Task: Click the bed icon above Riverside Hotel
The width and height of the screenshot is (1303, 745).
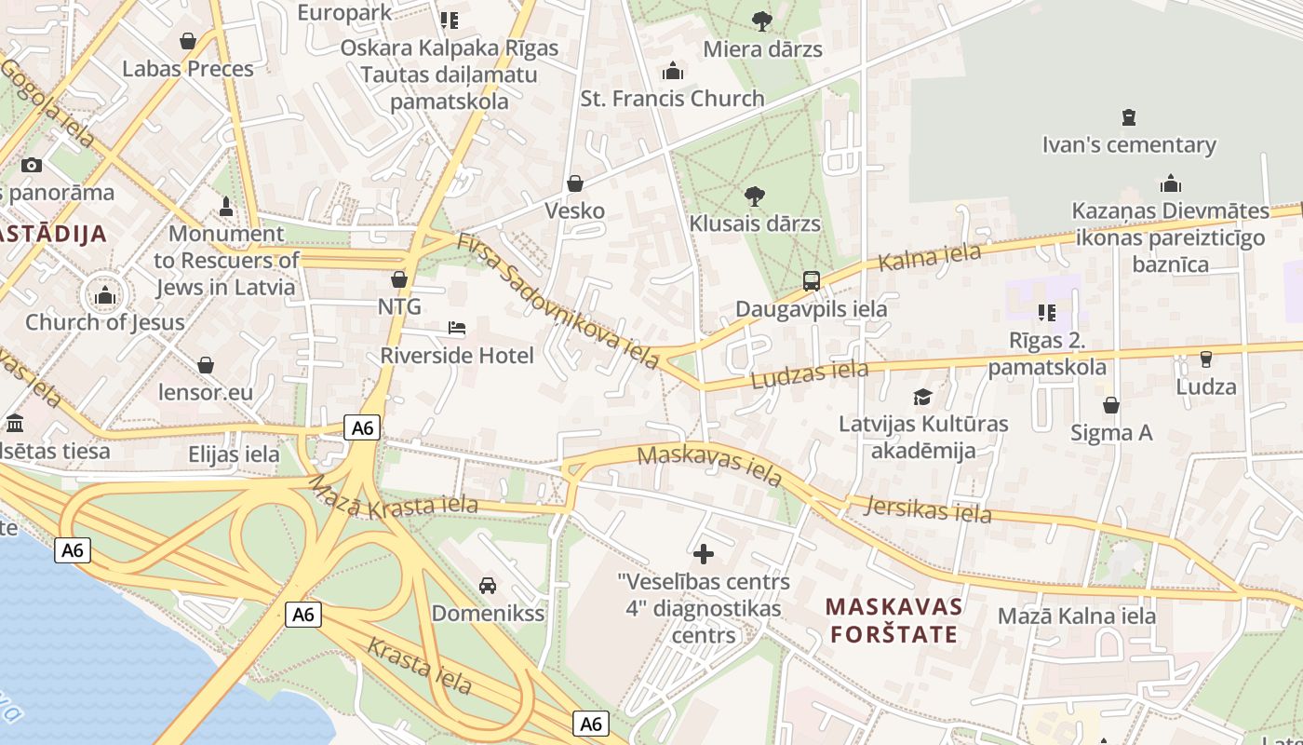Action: (x=457, y=328)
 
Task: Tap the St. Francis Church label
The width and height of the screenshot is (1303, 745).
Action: (x=672, y=98)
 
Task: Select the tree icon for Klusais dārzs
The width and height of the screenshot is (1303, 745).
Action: (x=755, y=196)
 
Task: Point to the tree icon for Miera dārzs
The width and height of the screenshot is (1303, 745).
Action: (x=762, y=20)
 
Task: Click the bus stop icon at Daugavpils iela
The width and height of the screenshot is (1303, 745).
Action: (x=812, y=280)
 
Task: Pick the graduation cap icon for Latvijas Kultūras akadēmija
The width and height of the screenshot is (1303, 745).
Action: (x=922, y=397)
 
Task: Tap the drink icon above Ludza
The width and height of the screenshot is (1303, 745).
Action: (x=1206, y=359)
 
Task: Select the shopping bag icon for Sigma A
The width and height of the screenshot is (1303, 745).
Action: (x=1111, y=405)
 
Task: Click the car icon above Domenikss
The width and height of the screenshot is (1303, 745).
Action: (x=487, y=586)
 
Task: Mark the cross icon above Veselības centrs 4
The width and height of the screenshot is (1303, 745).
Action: (x=704, y=554)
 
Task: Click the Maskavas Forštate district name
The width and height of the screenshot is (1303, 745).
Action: (x=893, y=620)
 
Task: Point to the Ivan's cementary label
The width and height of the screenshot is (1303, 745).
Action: (x=1128, y=144)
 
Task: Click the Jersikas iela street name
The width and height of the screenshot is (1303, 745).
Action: (x=927, y=508)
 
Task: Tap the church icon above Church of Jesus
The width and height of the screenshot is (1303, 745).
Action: (x=104, y=296)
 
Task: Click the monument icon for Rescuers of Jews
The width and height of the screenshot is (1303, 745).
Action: (x=225, y=206)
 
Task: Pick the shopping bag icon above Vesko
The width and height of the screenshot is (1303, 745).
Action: (x=575, y=183)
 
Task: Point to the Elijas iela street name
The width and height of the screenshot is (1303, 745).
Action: (x=234, y=454)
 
